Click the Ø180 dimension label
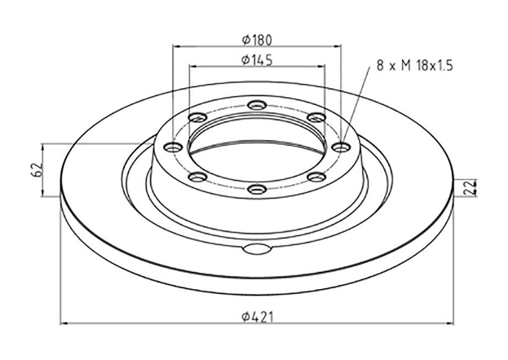257,40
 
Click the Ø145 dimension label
257,60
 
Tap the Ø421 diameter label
258,317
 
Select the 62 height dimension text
37,170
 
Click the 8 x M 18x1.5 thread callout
414,66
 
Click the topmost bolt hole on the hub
257,105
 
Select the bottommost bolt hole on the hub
257,189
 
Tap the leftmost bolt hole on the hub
173,147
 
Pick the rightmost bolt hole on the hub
341,148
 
